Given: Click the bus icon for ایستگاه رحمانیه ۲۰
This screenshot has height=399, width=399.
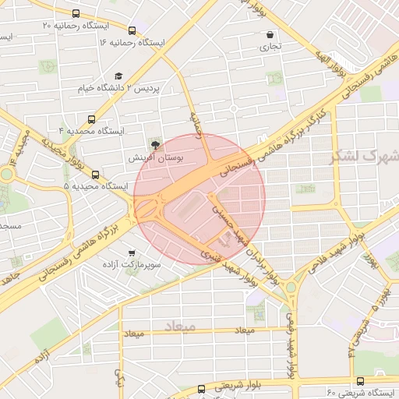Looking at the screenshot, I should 76,13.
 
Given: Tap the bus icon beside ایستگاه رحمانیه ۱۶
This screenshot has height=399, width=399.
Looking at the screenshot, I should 132,32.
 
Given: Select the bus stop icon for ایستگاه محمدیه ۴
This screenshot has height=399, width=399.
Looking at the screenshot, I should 92,120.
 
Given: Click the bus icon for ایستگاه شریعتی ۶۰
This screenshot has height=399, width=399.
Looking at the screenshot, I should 360,381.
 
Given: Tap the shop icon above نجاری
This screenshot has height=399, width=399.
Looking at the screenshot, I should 270,35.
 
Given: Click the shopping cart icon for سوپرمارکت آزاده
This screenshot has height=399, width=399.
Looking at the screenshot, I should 131,252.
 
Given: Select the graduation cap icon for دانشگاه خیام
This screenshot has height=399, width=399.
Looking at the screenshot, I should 118,76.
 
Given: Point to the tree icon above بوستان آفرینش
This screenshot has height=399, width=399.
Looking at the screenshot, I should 155,144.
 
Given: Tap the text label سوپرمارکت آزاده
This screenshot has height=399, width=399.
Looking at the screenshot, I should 131,266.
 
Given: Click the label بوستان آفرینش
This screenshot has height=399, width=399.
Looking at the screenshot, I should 155,157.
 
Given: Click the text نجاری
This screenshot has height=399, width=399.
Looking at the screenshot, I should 270,47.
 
